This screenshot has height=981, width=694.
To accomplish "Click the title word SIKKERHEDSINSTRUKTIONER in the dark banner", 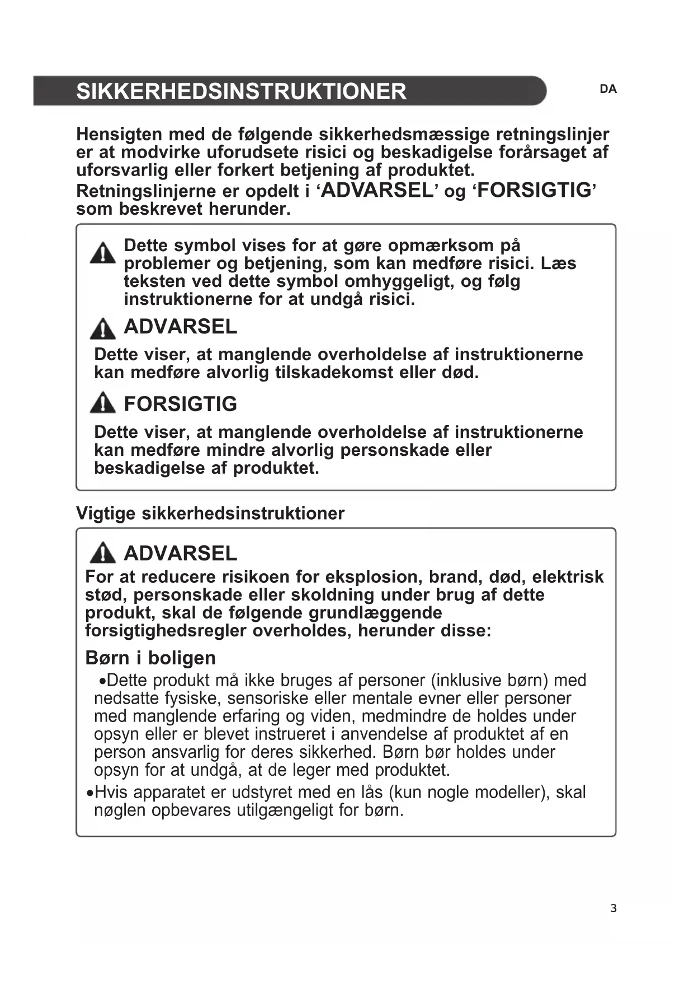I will coord(241,91).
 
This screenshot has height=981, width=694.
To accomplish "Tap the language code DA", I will coord(608,89).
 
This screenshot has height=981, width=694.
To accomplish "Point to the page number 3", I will coord(613,908).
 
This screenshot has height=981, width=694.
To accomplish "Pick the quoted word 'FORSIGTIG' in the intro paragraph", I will coord(534,190).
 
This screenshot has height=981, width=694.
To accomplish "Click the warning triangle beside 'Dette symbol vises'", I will coord(103,253).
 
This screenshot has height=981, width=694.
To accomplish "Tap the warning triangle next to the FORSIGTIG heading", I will coord(103,403).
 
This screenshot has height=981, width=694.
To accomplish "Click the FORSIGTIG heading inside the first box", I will coord(180,404).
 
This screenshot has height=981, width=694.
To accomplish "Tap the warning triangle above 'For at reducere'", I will coord(103,553).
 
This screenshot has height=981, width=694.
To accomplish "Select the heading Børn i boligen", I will coord(150,658).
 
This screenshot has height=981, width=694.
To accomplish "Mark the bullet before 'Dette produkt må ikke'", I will coord(102,681).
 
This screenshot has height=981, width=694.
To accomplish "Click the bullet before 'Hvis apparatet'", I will coord(90,793).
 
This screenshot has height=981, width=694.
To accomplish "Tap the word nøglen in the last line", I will coord(120,810).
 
